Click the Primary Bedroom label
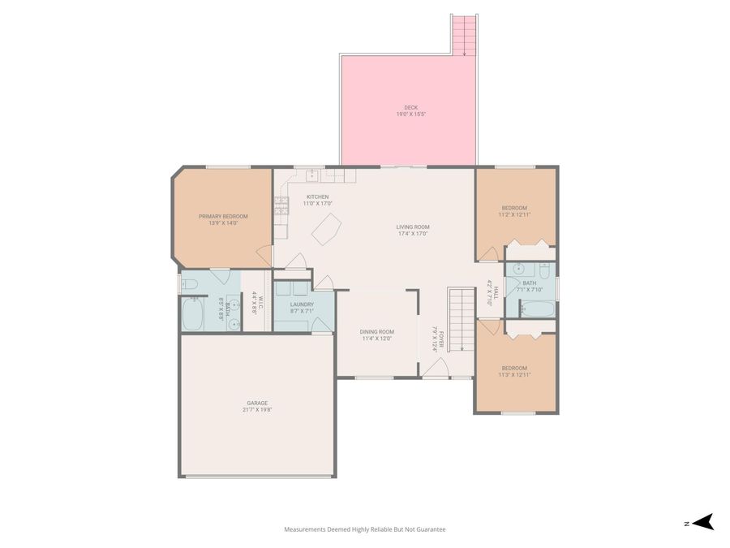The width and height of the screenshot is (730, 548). (x=223, y=216)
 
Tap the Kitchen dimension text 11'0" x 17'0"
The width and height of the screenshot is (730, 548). (x=318, y=204)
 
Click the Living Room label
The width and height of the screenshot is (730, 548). (x=413, y=227)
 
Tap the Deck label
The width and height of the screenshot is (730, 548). (x=411, y=108)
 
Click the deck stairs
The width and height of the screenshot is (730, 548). (x=464, y=35)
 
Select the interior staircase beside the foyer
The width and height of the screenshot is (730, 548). (x=461, y=317)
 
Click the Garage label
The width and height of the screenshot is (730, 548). (x=257, y=403)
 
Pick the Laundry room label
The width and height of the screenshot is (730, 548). (x=302, y=304)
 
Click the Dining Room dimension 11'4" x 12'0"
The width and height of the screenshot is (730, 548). (x=376, y=339)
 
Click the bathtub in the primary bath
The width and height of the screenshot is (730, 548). (x=192, y=315)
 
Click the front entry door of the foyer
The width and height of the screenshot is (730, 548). (x=436, y=371)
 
